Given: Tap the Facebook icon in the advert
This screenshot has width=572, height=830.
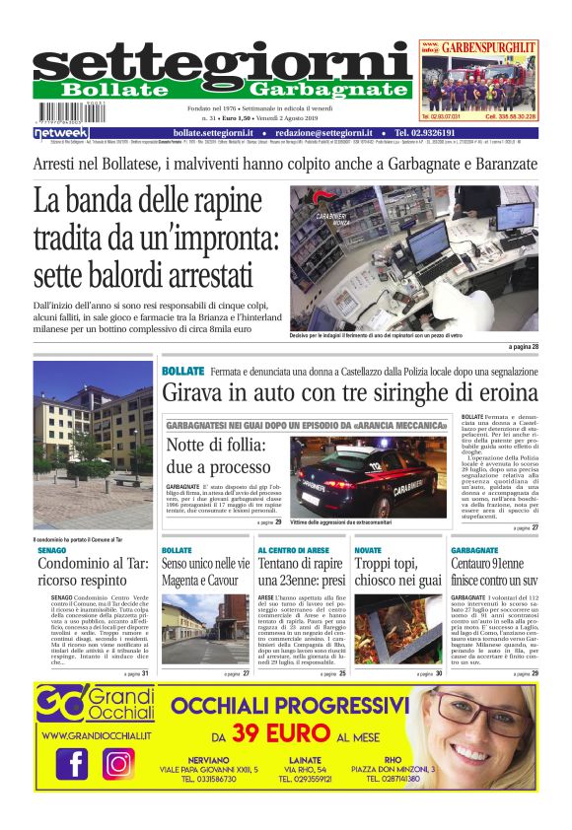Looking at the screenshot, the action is tap(72, 763).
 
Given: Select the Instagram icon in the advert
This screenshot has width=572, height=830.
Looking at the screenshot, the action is tap(118, 763).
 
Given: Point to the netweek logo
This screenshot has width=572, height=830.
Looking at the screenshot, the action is tap(61, 133).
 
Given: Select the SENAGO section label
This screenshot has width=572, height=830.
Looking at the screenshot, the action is tap(53, 550).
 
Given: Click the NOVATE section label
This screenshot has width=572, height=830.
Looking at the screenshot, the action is tap(368, 550).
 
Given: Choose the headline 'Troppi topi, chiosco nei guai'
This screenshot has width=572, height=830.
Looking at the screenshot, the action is tap(397, 573).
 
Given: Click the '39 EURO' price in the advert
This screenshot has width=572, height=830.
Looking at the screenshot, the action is tap(284, 734).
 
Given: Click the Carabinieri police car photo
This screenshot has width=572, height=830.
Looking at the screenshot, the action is tap(363, 477).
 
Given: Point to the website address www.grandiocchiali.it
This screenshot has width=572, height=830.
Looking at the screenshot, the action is tap(96, 735).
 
